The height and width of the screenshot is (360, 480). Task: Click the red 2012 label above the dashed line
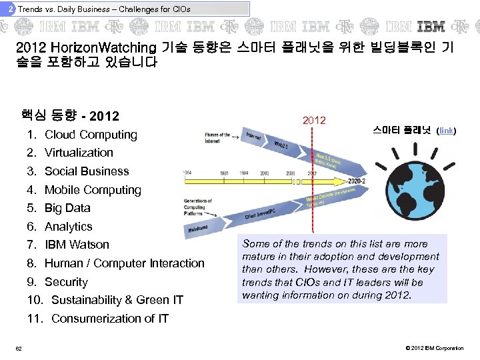pos(314,120)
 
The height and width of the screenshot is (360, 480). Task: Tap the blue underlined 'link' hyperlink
pos(446,131)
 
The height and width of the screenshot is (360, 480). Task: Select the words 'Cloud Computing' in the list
pos(91,134)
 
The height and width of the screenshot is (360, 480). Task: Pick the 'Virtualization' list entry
pos(79,153)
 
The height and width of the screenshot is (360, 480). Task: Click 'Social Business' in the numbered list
pos(87,171)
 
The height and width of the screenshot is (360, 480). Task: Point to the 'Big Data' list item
pos(67,208)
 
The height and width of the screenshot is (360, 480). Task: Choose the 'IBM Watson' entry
pos(77,245)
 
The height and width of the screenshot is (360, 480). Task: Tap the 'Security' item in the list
pos(66,282)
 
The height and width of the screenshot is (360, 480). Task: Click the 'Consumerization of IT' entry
pos(110,319)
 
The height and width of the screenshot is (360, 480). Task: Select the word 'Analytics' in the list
pos(69,227)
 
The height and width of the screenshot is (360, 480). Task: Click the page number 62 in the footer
pos(19,349)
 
